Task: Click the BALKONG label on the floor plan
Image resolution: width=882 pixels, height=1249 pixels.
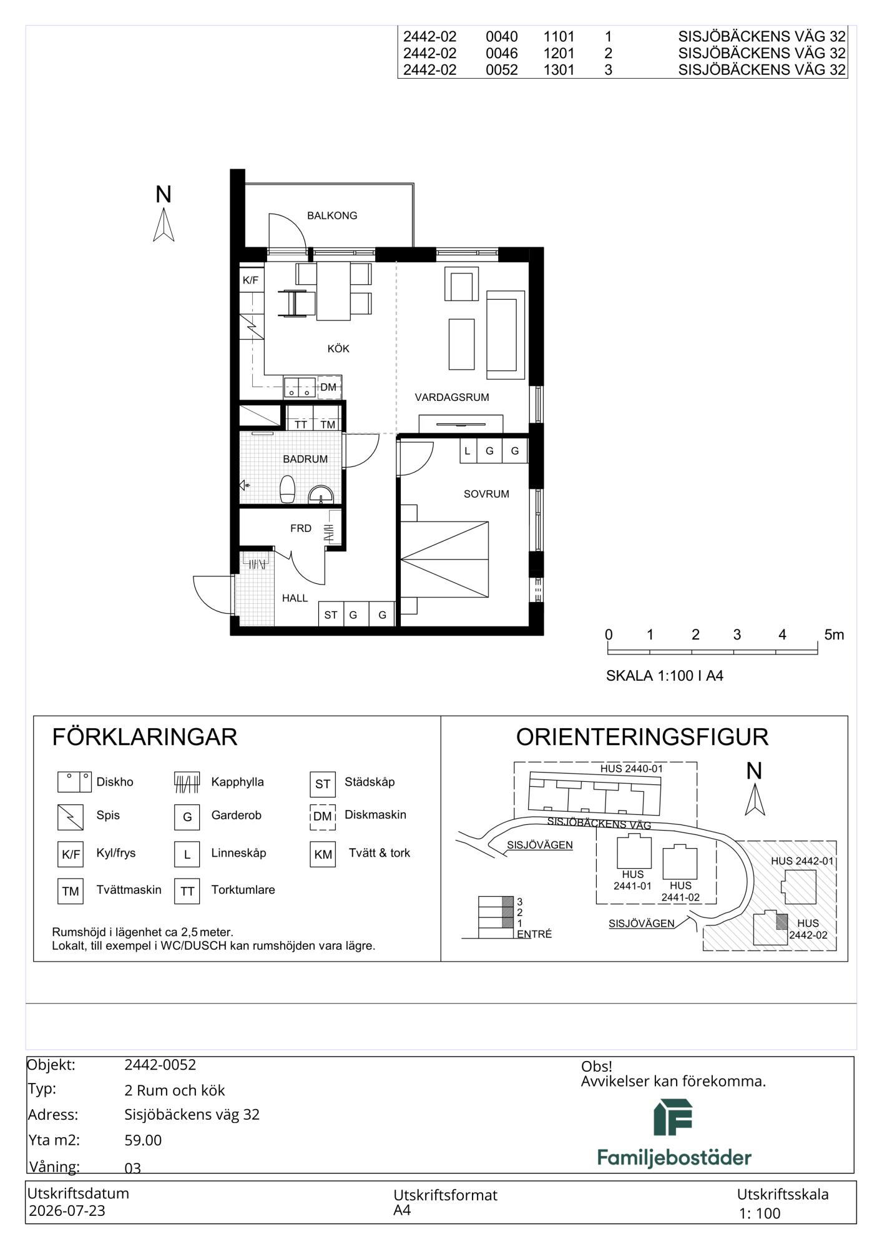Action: click(x=332, y=215)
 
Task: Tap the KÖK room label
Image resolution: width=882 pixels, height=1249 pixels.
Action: click(x=338, y=348)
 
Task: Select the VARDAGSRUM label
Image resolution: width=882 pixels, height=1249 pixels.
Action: click(x=452, y=397)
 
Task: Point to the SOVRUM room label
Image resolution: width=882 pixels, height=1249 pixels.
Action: click(x=486, y=494)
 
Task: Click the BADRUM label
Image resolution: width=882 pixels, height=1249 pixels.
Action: click(x=305, y=459)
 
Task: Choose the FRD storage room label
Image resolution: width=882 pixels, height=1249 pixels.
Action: click(x=301, y=528)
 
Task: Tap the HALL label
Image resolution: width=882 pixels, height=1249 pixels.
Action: click(x=295, y=598)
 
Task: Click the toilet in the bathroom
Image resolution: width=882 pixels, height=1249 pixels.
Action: click(x=287, y=489)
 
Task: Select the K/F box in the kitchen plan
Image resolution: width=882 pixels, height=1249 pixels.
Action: click(x=251, y=280)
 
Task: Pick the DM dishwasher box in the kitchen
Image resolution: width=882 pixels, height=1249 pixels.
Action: click(x=328, y=387)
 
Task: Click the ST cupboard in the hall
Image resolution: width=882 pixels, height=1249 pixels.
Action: click(x=331, y=615)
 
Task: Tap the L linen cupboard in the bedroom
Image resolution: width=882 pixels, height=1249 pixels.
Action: click(x=468, y=451)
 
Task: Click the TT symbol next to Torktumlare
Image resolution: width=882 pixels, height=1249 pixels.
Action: click(x=187, y=891)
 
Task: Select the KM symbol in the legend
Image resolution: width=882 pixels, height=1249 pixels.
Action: click(x=323, y=854)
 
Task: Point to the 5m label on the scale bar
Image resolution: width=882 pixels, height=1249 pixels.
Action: click(x=834, y=635)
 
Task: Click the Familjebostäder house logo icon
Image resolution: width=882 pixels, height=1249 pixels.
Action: click(x=673, y=1117)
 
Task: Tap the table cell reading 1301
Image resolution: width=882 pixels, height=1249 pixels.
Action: click(x=559, y=70)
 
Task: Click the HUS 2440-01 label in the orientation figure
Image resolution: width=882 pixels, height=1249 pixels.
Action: click(x=632, y=769)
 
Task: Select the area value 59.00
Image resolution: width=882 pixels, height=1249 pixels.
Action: click(x=143, y=1140)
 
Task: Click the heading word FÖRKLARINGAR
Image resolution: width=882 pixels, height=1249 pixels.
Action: click(x=145, y=737)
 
